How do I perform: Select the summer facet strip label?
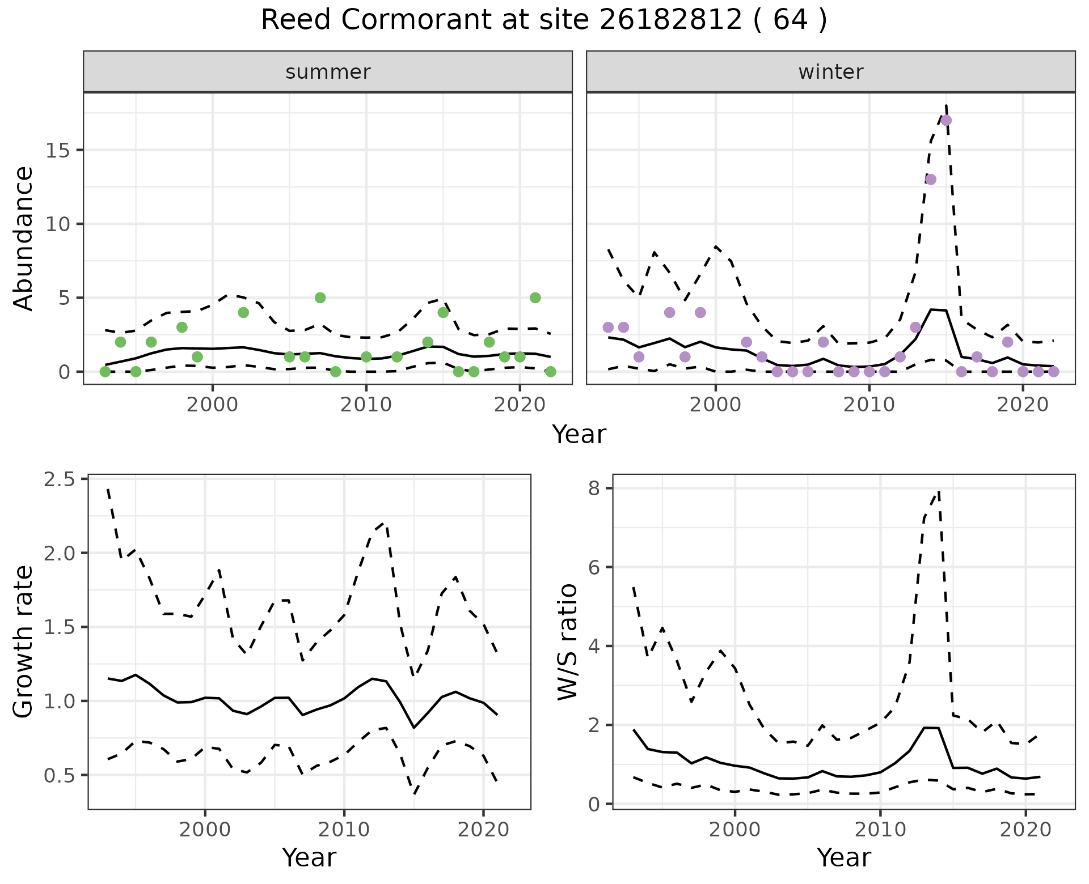pos(328,72)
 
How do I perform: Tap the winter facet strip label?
pos(830,72)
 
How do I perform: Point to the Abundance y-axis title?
pos(24,239)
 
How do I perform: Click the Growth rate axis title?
pos(24,642)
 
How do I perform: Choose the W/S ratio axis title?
pos(568,642)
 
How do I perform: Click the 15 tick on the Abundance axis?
pos(57,151)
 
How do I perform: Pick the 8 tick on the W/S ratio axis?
pos(594,488)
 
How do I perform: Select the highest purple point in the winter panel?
pos(946,120)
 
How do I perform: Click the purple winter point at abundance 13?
pos(931,180)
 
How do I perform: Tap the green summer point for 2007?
pos(320,298)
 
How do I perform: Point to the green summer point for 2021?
pos(535,298)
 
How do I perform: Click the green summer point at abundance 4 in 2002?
pos(243,313)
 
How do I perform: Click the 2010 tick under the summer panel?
pos(366,405)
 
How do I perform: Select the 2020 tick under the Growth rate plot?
pos(483,830)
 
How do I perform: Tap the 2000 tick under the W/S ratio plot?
pos(735,830)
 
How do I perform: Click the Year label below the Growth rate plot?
pos(309,858)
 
